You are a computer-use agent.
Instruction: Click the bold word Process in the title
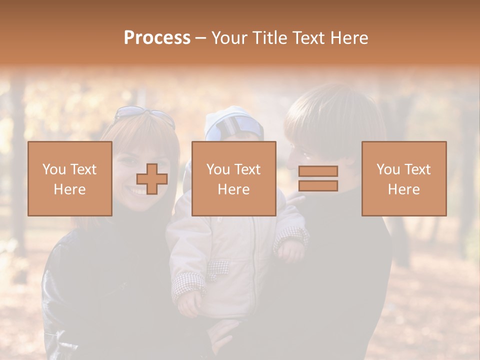[157, 38]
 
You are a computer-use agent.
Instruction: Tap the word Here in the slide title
[348, 38]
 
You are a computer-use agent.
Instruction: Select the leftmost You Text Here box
[70, 178]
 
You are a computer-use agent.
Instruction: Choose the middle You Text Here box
[233, 178]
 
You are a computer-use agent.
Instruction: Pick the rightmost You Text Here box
[404, 178]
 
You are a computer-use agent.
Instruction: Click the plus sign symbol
[152, 179]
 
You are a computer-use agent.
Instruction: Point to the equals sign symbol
[318, 178]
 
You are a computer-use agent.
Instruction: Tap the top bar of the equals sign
[318, 171]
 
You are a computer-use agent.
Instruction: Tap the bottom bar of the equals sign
[318, 186]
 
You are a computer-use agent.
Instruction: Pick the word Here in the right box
[404, 189]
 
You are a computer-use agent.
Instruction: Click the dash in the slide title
[201, 38]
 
